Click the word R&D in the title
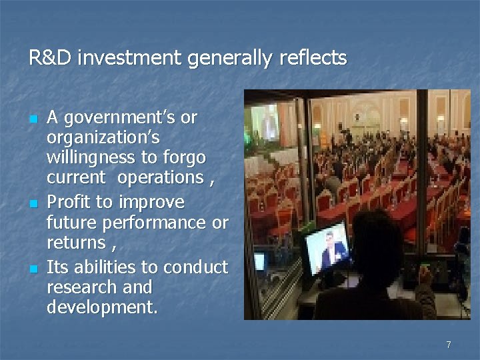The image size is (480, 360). point(50,59)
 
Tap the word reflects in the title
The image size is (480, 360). point(313,59)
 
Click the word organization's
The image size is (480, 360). point(103,139)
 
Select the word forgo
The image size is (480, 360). point(181,159)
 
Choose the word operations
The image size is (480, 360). point(161,178)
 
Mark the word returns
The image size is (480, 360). point(76,242)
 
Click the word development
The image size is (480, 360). point(101,308)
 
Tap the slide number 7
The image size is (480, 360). point(449,345)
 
